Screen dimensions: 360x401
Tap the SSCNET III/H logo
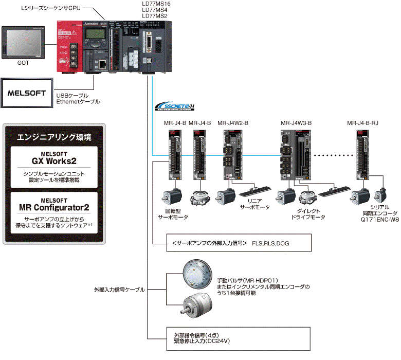pyautogui.click(x=174, y=106)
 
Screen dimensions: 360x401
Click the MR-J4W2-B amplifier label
pyautogui.click(x=233, y=123)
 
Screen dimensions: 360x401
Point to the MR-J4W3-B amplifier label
pyautogui.click(x=296, y=123)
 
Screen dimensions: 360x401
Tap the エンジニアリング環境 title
pyautogui.click(x=54, y=137)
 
